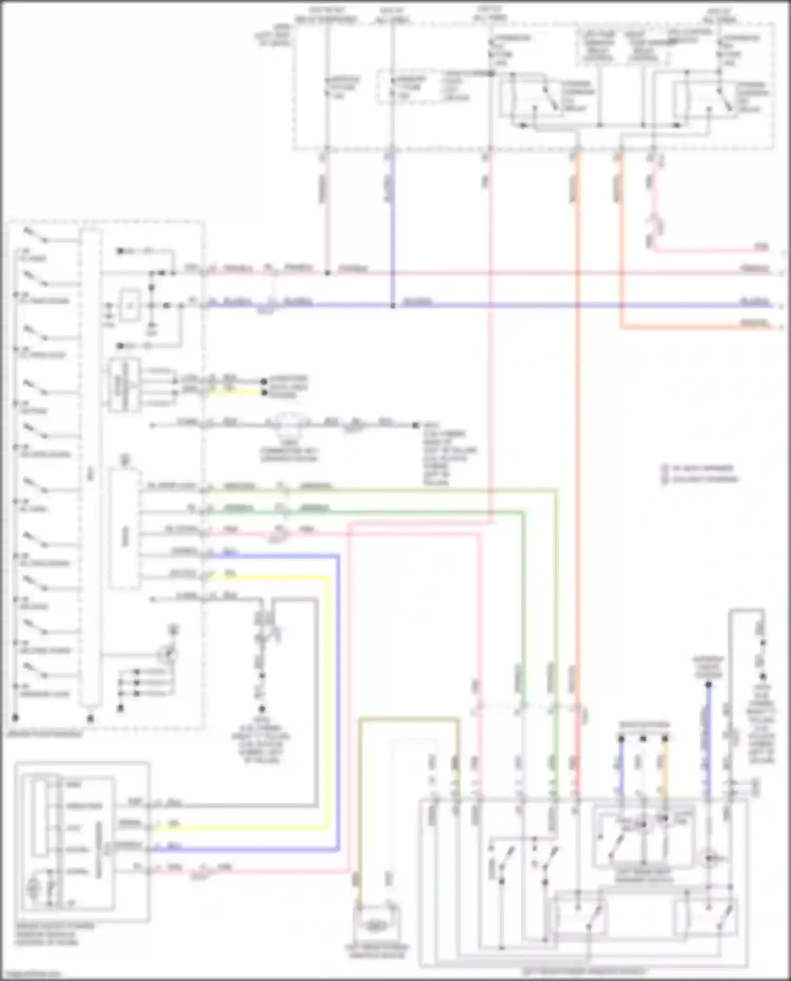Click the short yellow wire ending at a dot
pyautogui.click(x=235, y=393)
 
